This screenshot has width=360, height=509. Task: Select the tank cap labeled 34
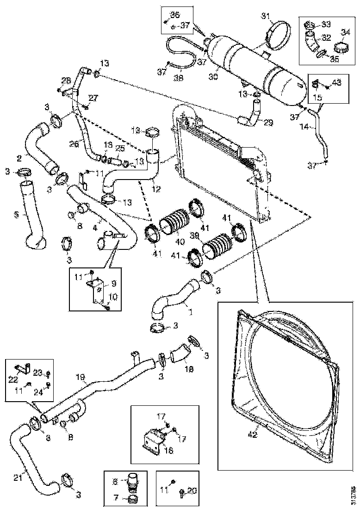(x=341, y=47)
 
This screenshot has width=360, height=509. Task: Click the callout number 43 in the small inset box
(x=337, y=82)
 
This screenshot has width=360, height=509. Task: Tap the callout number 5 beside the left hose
(x=16, y=214)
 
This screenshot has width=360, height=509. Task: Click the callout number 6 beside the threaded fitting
(x=115, y=481)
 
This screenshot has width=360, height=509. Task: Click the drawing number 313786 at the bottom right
(x=354, y=495)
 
